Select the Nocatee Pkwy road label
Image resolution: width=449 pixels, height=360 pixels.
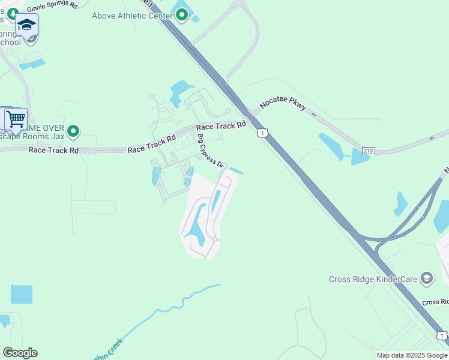click(x=283, y=106)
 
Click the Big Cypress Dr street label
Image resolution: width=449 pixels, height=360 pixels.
click(x=211, y=151)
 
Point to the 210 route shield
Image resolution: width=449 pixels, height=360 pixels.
click(x=369, y=150)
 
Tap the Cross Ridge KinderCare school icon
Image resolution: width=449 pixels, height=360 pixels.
click(x=426, y=278)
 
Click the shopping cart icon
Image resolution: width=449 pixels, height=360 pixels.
click(x=16, y=118)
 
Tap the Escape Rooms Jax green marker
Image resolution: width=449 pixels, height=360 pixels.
click(x=73, y=130)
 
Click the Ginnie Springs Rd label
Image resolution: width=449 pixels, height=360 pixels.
click(x=52, y=5)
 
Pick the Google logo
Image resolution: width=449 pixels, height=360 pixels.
click(x=20, y=353)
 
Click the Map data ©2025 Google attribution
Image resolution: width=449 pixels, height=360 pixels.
click(x=411, y=355)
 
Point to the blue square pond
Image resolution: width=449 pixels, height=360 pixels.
click(x=22, y=294)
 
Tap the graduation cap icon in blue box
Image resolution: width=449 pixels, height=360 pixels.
click(x=26, y=25)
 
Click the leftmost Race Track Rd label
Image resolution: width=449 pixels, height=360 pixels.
click(x=53, y=150)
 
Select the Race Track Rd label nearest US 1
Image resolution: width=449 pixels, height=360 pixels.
click(x=221, y=126)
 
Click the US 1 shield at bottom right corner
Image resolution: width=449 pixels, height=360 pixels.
click(x=442, y=336)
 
